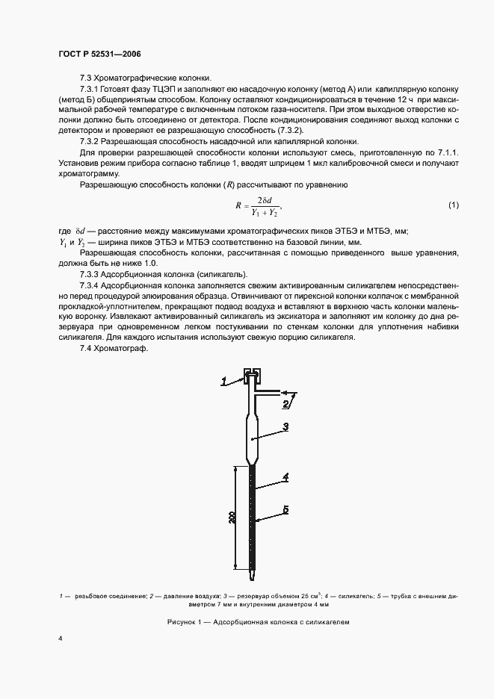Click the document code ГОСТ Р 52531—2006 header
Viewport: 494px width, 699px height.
coord(99,55)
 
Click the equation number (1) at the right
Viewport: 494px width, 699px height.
coord(453,205)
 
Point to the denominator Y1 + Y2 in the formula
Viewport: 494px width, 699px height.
coord(263,211)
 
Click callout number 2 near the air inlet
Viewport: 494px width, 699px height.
coord(285,404)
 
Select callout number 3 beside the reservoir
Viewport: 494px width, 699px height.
coord(285,427)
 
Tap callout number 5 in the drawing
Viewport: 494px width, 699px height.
coord(285,512)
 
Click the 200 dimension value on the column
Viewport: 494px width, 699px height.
coord(232,518)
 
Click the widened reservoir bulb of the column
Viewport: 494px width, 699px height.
coord(252,437)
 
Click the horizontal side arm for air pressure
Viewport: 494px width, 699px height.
coord(268,390)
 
